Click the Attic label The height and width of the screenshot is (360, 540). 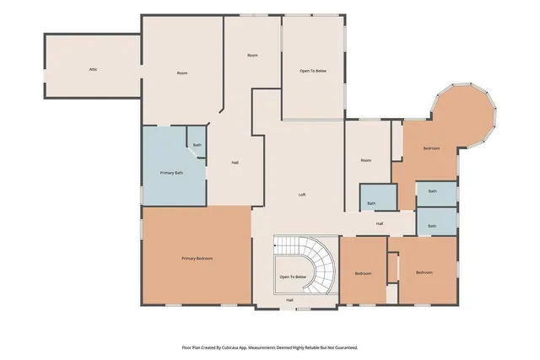(x=93, y=69)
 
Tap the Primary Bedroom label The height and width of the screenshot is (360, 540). (x=197, y=258)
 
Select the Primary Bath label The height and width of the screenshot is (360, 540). (x=173, y=173)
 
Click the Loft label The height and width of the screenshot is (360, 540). (x=302, y=195)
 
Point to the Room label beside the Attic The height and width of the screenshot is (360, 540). (x=181, y=73)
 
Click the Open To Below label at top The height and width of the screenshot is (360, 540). (x=313, y=71)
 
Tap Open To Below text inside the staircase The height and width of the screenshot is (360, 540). (x=292, y=277)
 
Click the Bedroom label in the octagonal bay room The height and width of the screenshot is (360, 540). (x=431, y=148)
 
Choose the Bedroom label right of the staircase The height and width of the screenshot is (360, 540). (x=363, y=273)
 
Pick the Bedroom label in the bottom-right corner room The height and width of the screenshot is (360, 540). (x=424, y=272)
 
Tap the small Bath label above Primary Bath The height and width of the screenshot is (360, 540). (x=197, y=145)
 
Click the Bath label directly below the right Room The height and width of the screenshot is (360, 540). (x=371, y=203)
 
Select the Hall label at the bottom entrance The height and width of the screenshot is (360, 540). (x=289, y=300)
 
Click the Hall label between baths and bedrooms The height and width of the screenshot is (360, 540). (x=380, y=223)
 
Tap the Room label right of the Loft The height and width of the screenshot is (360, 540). (x=365, y=160)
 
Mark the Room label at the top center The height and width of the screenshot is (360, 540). (x=251, y=55)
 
